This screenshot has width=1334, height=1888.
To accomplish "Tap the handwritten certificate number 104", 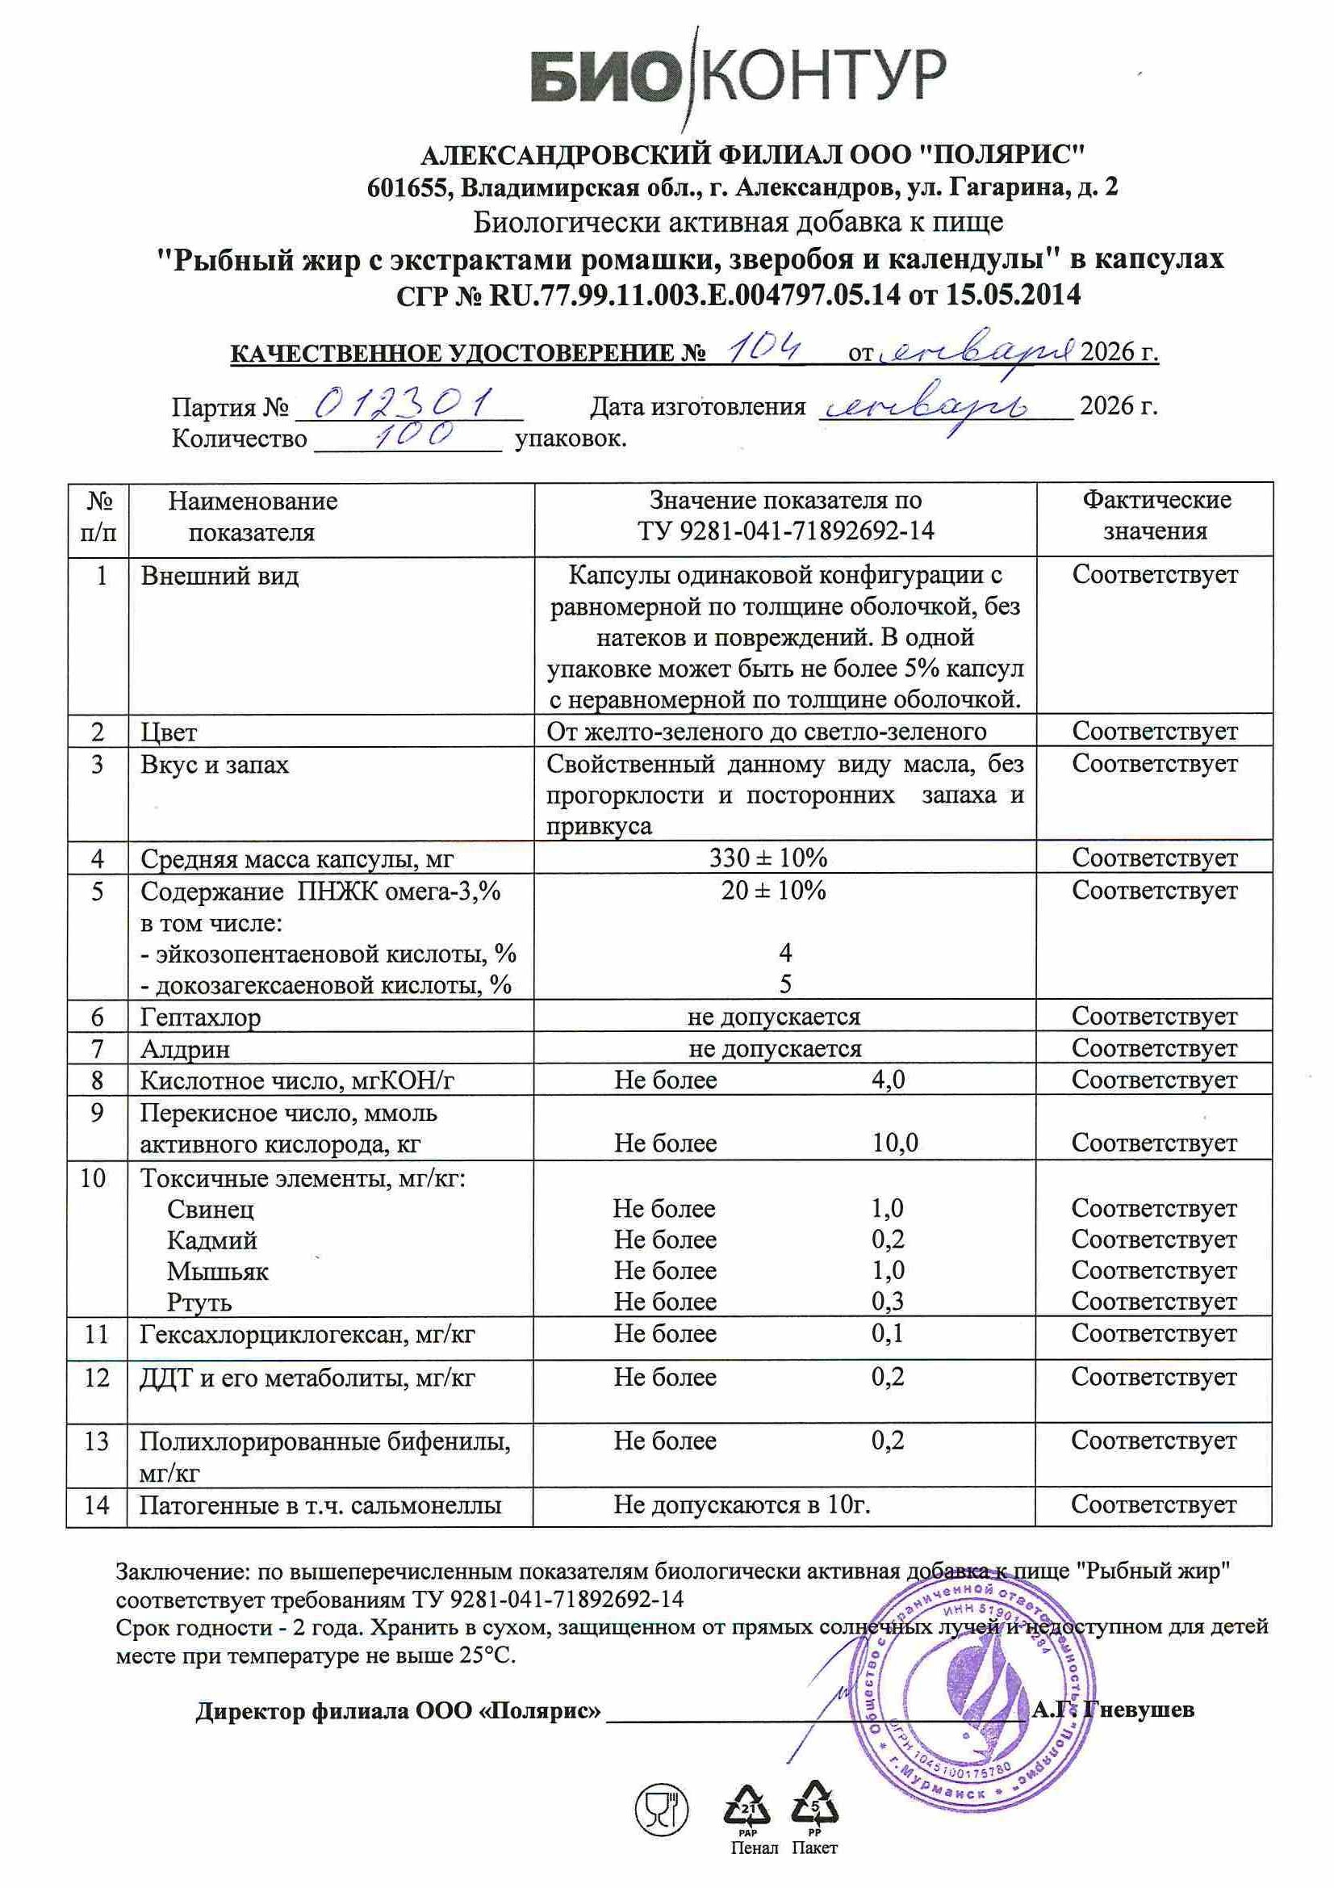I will point(767,348).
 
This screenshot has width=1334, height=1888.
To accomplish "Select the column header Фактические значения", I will point(1155,514).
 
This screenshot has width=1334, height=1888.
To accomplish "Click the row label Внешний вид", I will point(220,576).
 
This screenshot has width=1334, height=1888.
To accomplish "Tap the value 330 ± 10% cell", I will point(767,858).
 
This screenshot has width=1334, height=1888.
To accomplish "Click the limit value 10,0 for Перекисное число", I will point(894,1142).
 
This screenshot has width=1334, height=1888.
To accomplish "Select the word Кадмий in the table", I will point(212,1240).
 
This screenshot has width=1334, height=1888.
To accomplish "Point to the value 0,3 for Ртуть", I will point(888,1302).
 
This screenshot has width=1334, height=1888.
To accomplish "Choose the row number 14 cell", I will point(96,1504).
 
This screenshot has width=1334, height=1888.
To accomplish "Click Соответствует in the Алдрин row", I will point(1154,1048).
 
